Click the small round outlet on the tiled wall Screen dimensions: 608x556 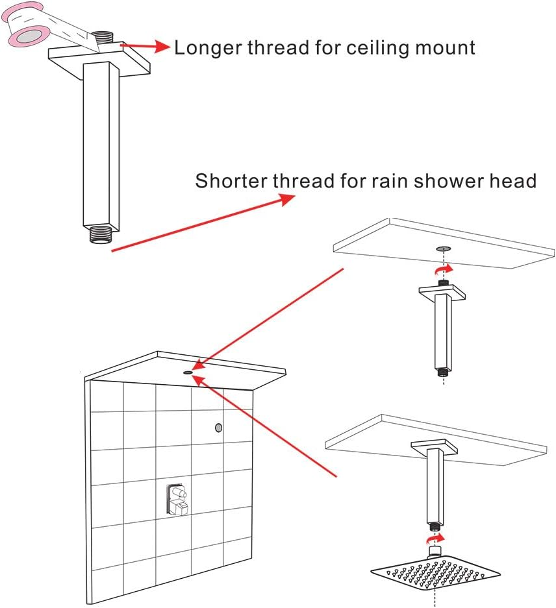tap(218, 428)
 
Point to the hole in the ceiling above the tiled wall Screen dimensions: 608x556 tap(187, 372)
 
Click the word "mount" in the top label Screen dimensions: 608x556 tap(449, 47)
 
